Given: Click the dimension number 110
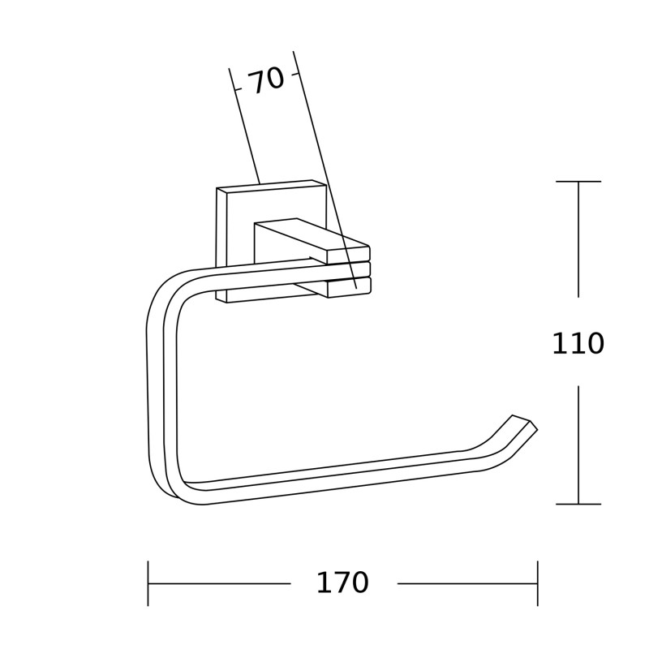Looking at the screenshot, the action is [x=578, y=343].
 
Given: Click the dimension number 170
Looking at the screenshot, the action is [x=342, y=582].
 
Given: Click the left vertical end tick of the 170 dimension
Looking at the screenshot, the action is [x=148, y=583].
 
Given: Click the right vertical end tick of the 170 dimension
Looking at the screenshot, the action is [x=537, y=583].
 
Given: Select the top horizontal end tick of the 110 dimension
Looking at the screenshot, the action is [x=578, y=181].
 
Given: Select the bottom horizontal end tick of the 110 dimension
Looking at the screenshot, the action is [x=578, y=504].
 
